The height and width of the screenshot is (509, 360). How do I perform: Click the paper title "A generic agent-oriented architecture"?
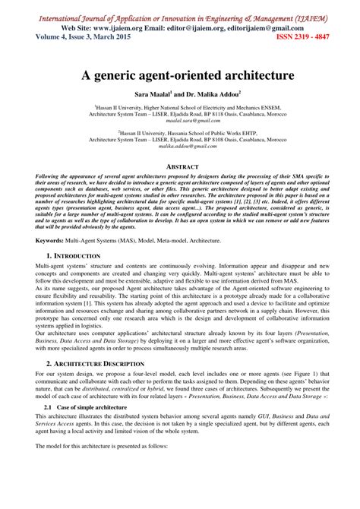180,77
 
